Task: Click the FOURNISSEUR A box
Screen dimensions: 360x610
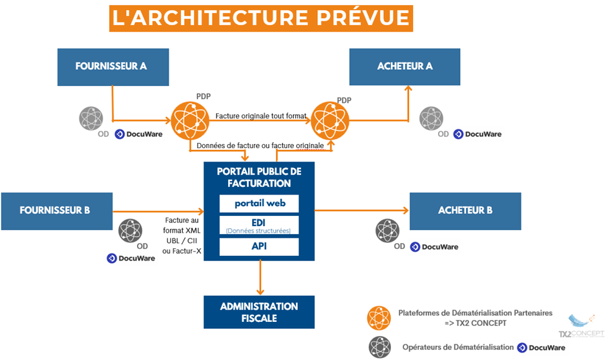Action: tap(113, 67)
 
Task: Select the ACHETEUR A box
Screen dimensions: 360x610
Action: tap(405, 67)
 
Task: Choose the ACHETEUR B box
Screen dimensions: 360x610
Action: tap(465, 211)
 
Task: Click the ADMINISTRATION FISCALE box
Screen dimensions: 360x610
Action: tap(259, 312)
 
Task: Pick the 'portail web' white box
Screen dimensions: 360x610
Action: tap(259, 204)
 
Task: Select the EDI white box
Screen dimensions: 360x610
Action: tap(259, 225)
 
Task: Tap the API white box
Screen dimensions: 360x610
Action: tap(259, 246)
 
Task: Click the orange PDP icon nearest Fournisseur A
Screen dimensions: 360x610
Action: tap(191, 120)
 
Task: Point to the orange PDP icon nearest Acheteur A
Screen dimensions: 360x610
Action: tap(330, 120)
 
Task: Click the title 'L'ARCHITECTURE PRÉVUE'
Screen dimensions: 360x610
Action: tap(261, 18)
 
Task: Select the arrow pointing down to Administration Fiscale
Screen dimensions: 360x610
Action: tap(259, 279)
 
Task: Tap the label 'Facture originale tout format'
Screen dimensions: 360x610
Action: tap(261, 116)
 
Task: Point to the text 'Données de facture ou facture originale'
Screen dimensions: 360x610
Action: tap(260, 146)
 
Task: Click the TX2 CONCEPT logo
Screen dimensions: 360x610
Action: tap(581, 326)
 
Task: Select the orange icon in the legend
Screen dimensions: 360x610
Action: tap(380, 317)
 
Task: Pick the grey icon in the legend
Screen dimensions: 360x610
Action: tap(380, 346)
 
